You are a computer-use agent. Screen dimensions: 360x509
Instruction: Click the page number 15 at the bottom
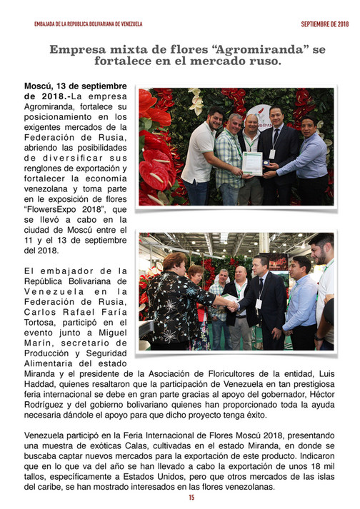pos(191,498)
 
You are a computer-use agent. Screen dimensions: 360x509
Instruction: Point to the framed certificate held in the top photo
pos(251,162)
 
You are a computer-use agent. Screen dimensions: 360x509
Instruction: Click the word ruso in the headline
pos(259,62)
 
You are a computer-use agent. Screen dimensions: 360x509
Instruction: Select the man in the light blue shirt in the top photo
pos(306,161)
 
